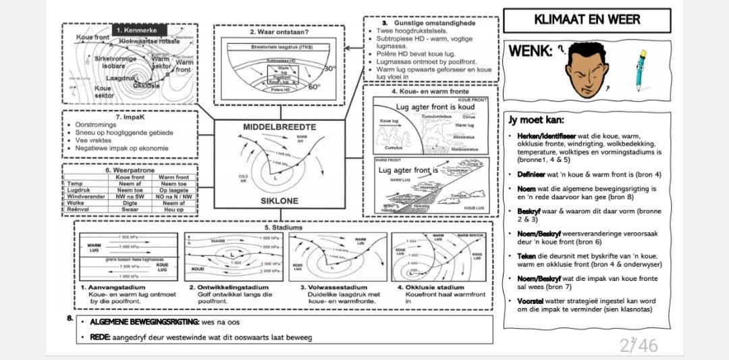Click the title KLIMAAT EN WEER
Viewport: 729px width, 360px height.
point(587,19)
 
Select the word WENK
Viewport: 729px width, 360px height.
point(531,51)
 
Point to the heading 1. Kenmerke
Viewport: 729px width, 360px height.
point(137,30)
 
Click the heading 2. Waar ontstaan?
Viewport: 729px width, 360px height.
point(278,32)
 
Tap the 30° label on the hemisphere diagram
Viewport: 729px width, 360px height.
point(329,69)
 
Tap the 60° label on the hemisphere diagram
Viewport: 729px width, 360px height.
point(315,86)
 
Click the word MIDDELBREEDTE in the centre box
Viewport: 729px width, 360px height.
point(279,126)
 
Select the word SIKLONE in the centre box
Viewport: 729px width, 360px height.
point(279,201)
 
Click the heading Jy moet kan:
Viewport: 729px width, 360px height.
point(535,120)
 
